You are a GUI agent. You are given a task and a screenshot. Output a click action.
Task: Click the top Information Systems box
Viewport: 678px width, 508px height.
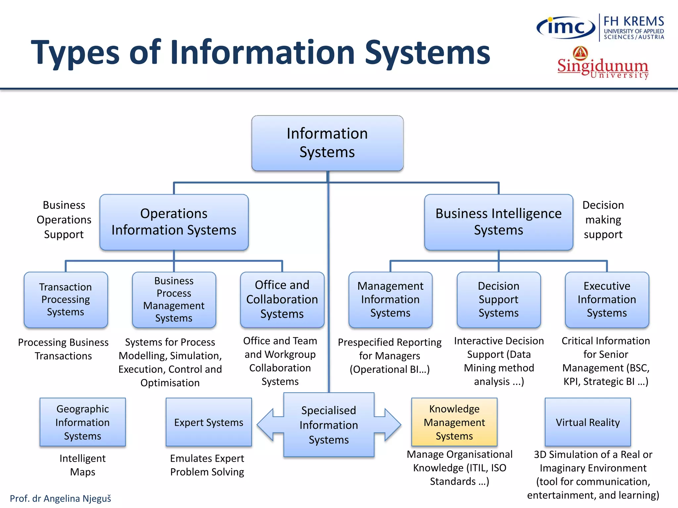[x=327, y=143]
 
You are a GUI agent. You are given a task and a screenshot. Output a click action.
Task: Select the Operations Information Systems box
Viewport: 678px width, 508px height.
[x=174, y=222]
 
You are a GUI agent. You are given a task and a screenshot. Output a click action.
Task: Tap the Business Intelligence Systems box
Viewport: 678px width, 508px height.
[x=498, y=222]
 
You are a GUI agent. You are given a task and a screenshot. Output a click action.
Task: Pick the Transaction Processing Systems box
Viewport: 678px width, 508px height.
[x=66, y=300]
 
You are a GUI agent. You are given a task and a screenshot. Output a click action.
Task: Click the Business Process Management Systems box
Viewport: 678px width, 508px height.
[x=174, y=300]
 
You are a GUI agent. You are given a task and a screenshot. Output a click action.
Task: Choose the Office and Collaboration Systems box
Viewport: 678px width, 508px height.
[x=282, y=300]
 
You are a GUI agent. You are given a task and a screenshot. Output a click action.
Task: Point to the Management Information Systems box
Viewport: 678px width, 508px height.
[x=390, y=300]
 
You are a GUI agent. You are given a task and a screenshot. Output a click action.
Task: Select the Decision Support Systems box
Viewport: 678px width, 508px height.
[x=499, y=300]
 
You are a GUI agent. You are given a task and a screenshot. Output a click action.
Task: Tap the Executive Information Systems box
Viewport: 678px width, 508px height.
[x=607, y=300]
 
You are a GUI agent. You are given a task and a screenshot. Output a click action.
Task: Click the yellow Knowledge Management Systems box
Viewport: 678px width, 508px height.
[x=454, y=422]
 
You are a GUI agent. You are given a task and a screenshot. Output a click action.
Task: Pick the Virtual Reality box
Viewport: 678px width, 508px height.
[x=588, y=422]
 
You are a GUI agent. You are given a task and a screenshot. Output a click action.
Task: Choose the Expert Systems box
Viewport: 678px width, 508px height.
[x=209, y=422]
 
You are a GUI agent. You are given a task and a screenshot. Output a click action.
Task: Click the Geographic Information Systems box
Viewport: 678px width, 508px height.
[x=82, y=422]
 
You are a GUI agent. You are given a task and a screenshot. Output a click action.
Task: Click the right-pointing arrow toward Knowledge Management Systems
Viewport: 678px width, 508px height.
[x=391, y=425]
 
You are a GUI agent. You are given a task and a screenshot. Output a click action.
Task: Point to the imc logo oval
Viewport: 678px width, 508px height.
[x=566, y=27]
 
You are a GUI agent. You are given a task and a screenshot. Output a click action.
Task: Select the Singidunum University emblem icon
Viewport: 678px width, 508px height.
[x=580, y=53]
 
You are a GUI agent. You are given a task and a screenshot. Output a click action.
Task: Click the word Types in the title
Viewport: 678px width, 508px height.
[x=75, y=53]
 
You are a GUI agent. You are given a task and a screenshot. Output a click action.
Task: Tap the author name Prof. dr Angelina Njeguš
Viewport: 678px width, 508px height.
[x=60, y=498]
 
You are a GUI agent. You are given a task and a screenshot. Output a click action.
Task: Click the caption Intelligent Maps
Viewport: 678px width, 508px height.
[x=82, y=465]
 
